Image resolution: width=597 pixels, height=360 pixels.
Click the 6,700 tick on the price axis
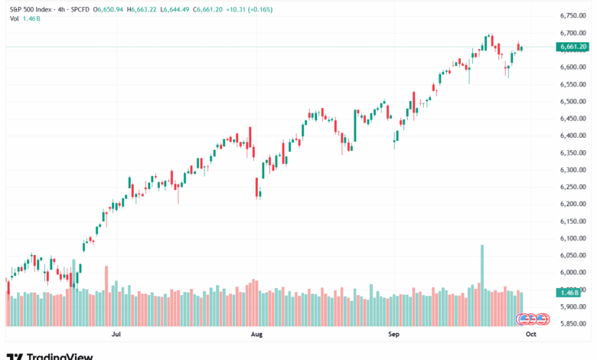[573, 33]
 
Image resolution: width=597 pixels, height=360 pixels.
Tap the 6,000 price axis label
[573, 272]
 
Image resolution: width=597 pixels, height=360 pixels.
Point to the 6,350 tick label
[573, 152]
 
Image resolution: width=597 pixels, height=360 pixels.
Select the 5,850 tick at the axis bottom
[573, 323]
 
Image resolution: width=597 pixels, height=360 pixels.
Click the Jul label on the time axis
[116, 334]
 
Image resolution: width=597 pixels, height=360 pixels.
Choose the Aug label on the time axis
[256, 334]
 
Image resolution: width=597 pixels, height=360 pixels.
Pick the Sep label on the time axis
[394, 334]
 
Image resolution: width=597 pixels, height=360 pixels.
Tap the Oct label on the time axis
[531, 334]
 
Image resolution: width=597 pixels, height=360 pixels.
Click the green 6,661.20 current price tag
[573, 47]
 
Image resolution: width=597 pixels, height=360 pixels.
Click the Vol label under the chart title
[14, 20]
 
